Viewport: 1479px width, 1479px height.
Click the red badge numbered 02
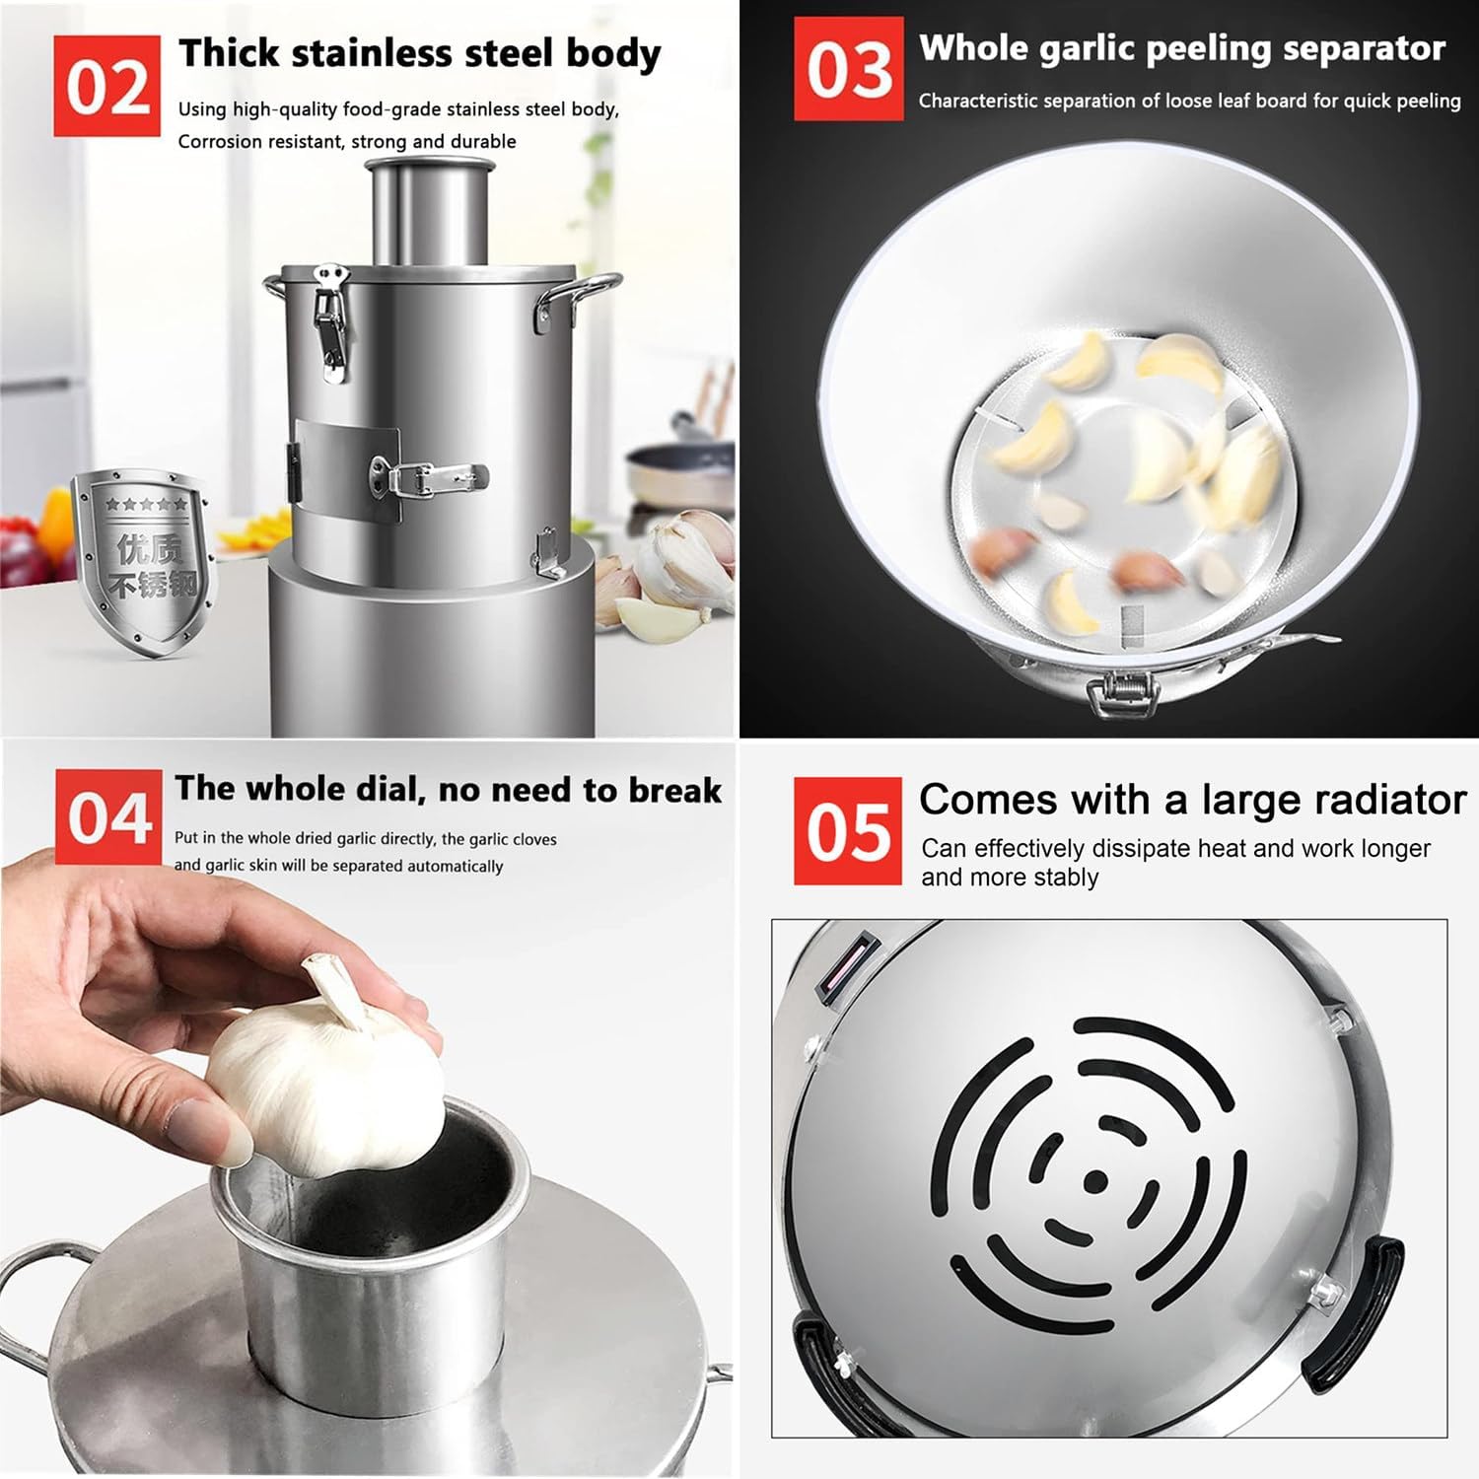point(106,86)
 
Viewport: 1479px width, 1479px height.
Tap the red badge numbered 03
point(848,69)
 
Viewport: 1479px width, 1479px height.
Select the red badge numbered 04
point(108,817)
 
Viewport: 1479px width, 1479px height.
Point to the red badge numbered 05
point(847,830)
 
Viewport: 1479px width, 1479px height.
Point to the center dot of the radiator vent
point(1094,1180)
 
